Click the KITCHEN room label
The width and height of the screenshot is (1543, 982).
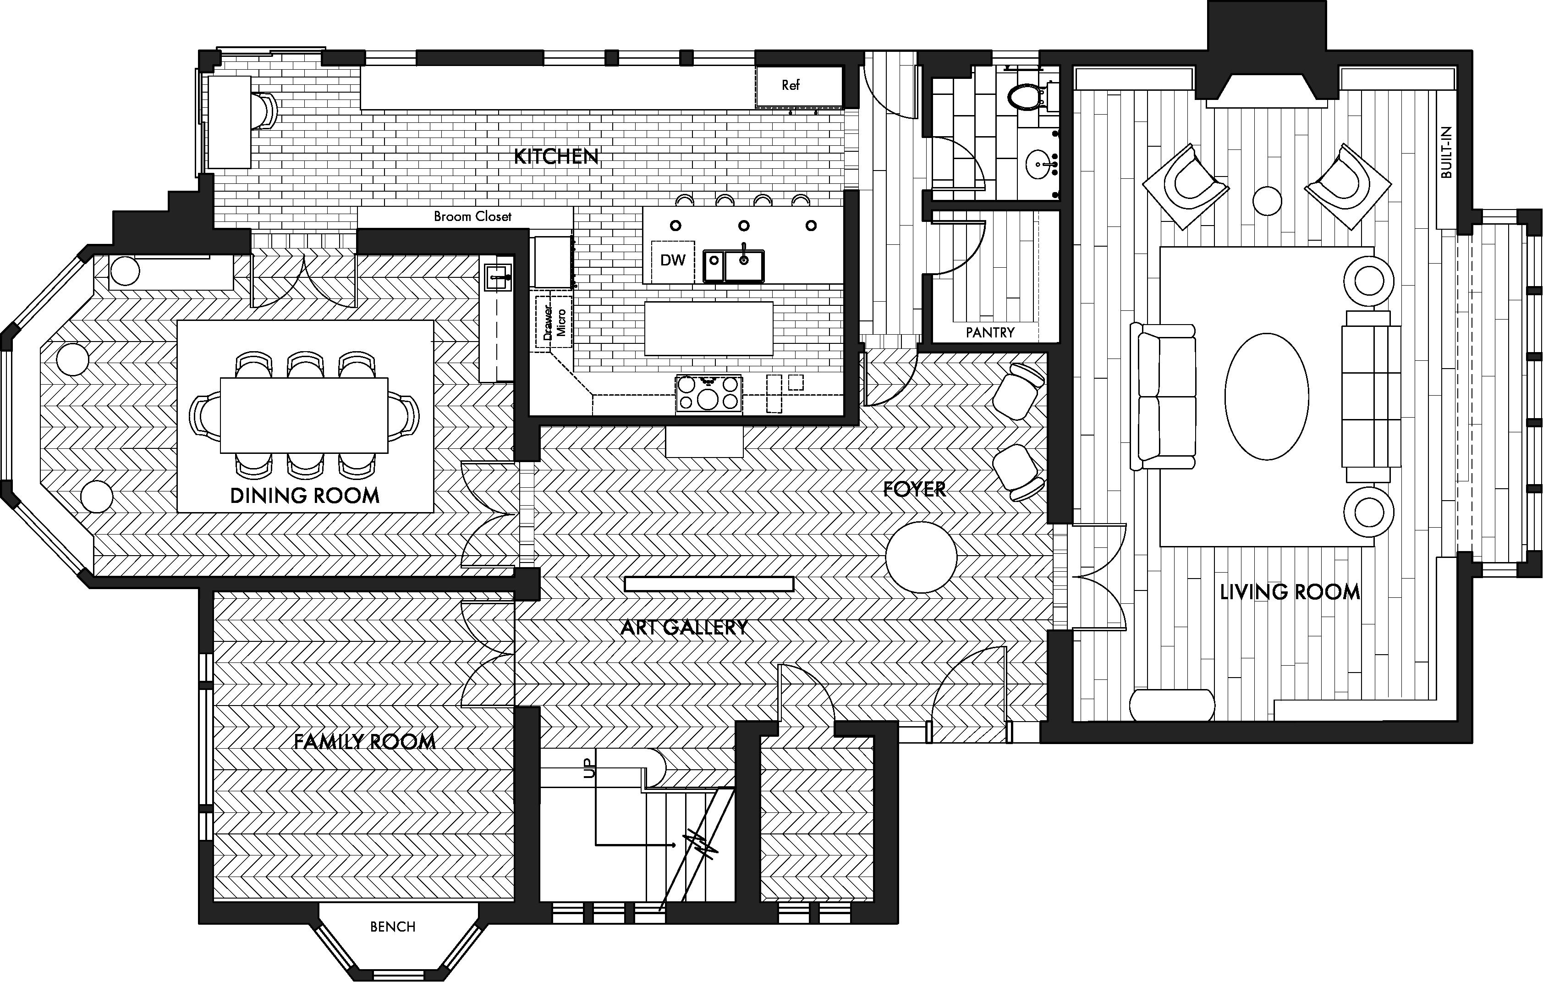coord(556,156)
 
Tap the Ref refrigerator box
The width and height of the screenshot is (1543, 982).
coord(791,85)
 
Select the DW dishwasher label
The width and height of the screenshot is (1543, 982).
coord(673,260)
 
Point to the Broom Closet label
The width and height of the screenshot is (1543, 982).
coord(472,217)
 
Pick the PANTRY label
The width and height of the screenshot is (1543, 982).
coord(990,333)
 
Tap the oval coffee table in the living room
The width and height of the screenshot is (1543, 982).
coord(1266,396)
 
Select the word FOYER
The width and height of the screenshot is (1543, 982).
coord(914,490)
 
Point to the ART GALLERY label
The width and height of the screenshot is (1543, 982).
coord(684,628)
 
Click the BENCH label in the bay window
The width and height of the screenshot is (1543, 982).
coord(393,927)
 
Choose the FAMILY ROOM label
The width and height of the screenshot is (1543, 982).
coord(365,742)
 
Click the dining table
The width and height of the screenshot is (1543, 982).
coord(304,415)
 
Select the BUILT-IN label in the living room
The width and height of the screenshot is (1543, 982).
coord(1446,153)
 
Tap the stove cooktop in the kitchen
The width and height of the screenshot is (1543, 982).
coord(708,393)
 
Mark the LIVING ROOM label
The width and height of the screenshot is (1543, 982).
coord(1289,592)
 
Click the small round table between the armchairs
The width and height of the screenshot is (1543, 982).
coord(1267,201)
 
